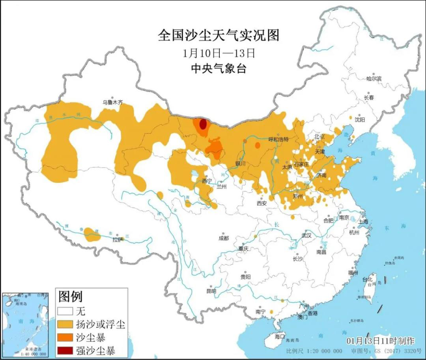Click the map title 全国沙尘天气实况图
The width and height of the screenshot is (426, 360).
(x=218, y=35)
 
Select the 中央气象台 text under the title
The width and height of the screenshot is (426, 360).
(x=218, y=69)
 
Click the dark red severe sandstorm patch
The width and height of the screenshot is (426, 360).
(x=203, y=124)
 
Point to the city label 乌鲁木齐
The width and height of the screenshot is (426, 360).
(x=113, y=102)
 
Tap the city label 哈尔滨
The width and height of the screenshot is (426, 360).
(x=374, y=78)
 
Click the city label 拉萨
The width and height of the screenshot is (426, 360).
(x=118, y=239)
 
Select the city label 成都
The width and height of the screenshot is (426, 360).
(x=223, y=238)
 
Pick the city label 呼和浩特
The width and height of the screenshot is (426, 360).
(x=278, y=139)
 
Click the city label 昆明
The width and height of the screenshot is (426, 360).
(x=211, y=291)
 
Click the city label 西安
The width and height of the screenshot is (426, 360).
(x=262, y=203)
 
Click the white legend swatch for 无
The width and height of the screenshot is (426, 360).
(x=65, y=312)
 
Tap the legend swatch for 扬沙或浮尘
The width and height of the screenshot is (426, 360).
(x=65, y=325)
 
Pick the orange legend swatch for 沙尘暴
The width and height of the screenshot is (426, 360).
(x=65, y=337)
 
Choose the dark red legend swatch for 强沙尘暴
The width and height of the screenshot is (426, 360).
(x=65, y=350)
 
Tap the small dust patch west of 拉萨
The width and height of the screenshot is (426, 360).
(x=92, y=234)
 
